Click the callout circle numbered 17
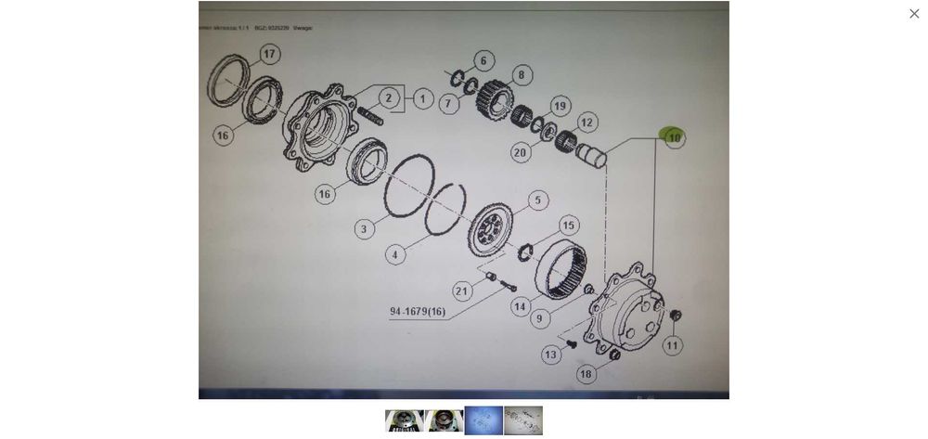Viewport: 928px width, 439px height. click(269, 54)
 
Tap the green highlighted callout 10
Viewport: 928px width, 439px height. click(674, 138)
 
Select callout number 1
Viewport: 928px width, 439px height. click(423, 98)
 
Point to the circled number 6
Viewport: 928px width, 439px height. click(483, 61)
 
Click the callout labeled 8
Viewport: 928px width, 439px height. click(522, 75)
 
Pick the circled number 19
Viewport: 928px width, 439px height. click(560, 107)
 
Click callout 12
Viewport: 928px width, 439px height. click(586, 123)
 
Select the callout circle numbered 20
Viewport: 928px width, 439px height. click(520, 153)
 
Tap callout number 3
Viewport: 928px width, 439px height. click(364, 228)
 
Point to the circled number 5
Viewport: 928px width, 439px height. click(538, 200)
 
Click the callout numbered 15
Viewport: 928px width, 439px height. click(569, 226)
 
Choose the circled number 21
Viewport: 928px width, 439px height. click(462, 291)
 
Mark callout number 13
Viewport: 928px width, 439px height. click(551, 355)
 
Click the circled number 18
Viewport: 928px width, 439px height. click(585, 374)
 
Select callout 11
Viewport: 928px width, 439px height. click(672, 345)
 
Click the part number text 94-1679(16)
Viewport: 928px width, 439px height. click(418, 312)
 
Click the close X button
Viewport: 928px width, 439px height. click(914, 14)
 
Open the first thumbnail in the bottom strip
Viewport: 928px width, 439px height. click(404, 421)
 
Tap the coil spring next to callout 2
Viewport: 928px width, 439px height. click(369, 115)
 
